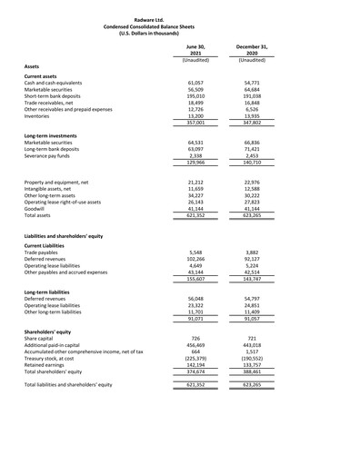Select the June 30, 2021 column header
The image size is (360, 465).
pos(195,48)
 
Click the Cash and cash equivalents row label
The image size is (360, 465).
pos(55,83)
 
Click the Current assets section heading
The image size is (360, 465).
pos(42,75)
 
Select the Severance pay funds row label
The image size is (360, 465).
pos(51,155)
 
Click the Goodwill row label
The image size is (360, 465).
pos(37,208)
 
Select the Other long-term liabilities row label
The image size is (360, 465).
pos(60,312)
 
